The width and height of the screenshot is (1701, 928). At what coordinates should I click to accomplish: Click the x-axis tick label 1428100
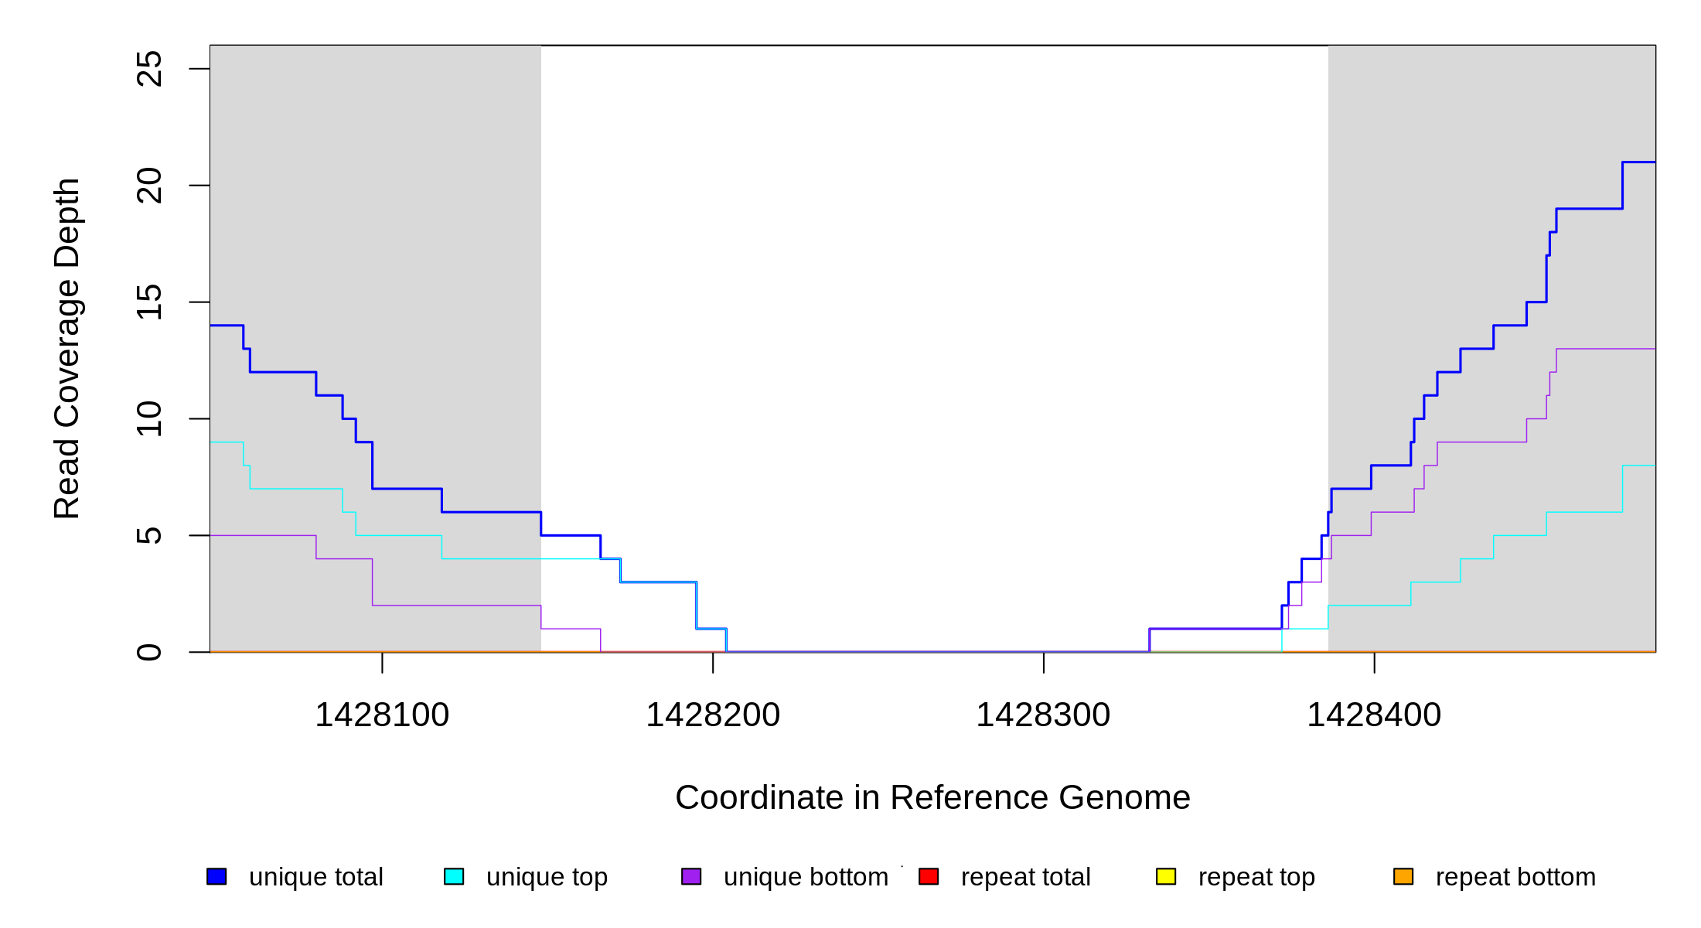click(382, 715)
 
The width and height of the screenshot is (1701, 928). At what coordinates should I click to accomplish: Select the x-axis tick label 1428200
click(713, 715)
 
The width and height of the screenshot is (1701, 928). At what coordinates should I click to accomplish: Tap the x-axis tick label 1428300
click(1043, 715)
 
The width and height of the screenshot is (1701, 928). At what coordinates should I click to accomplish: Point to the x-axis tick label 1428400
click(1374, 715)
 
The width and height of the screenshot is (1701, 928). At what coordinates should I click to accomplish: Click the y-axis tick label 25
click(149, 69)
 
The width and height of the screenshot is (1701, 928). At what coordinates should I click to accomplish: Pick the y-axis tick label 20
click(149, 186)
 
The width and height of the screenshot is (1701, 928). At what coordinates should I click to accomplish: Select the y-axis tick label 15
click(149, 302)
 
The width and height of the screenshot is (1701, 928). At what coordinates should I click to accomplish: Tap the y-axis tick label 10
click(149, 418)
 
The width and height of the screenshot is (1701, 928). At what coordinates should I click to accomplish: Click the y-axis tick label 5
click(149, 535)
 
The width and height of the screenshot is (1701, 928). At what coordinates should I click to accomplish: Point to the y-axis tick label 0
click(149, 652)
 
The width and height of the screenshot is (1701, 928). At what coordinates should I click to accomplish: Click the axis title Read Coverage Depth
click(67, 348)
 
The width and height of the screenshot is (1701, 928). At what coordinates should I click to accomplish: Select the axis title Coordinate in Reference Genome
click(932, 797)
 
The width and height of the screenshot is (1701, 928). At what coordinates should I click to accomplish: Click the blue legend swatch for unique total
click(216, 876)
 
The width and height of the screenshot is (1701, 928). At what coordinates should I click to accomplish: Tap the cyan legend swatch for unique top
click(454, 876)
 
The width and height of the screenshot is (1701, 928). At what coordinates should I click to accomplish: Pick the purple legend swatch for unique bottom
click(691, 876)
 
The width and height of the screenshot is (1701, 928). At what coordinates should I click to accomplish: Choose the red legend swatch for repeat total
click(929, 876)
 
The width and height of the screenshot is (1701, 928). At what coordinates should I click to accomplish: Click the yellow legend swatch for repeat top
click(1166, 876)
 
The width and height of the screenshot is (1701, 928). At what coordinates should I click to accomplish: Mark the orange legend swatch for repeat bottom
click(1403, 876)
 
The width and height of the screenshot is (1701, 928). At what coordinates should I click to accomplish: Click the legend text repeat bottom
click(1515, 877)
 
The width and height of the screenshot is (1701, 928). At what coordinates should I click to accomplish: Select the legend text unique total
click(316, 877)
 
